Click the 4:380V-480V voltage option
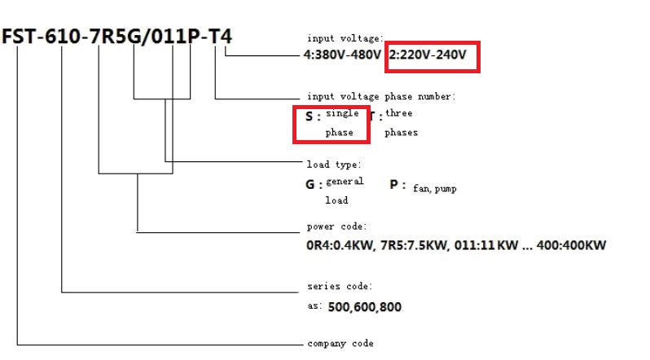point(342,55)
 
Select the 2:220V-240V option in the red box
point(428,55)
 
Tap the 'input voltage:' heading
point(345,38)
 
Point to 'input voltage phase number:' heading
point(381,97)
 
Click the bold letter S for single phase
point(309,116)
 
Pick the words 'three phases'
point(401,123)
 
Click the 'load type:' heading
point(334,165)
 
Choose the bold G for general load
point(310,185)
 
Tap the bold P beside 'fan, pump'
point(393,185)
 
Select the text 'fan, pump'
point(434,189)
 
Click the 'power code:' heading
point(336,227)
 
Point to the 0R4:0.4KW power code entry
point(340,245)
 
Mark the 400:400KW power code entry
point(571,245)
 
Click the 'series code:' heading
point(340,286)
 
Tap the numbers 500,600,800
point(364,307)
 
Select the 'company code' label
point(340,344)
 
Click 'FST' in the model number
point(19,37)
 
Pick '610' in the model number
point(62,37)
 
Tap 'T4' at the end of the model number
point(220,37)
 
